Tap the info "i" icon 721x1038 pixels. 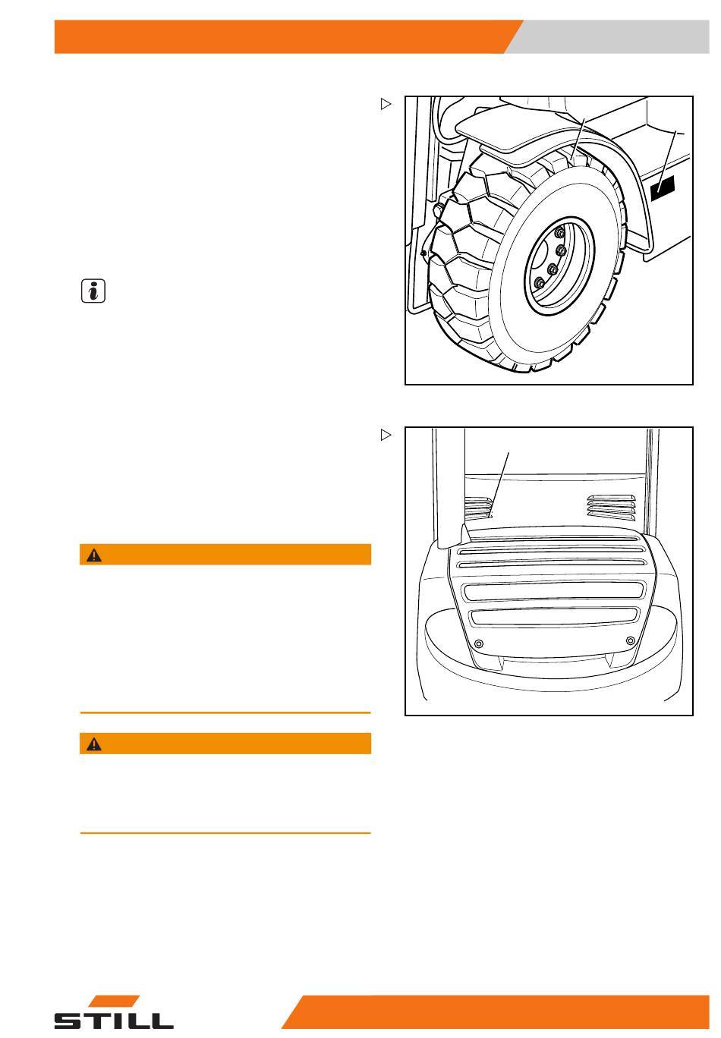[x=93, y=291]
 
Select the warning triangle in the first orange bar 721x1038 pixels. [x=94, y=555]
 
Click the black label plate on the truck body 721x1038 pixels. [x=663, y=187]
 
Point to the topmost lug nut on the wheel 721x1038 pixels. [x=560, y=232]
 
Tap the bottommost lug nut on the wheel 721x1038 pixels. [x=539, y=283]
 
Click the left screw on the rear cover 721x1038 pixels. [x=479, y=643]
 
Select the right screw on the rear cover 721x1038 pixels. [x=630, y=640]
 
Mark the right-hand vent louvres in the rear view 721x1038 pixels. [x=611, y=507]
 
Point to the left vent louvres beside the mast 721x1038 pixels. [x=479, y=508]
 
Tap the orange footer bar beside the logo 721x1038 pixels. [x=496, y=1011]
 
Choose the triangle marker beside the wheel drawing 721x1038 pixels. [x=386, y=104]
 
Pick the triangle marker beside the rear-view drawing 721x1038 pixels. [x=386, y=435]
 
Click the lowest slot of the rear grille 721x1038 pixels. [x=554, y=617]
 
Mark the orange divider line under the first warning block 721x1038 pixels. [x=225, y=712]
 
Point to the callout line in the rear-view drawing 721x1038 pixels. [x=499, y=485]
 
